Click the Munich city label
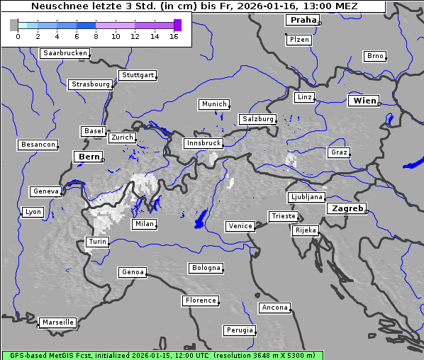click(x=214, y=104)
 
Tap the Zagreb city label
click(x=347, y=208)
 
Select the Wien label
click(x=365, y=101)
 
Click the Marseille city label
click(x=58, y=322)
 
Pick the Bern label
click(x=89, y=156)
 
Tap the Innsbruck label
click(x=203, y=143)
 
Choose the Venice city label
click(x=240, y=226)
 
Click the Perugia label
click(x=240, y=330)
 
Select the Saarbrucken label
click(x=65, y=53)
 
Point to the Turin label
click(x=97, y=242)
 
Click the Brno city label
click(x=375, y=56)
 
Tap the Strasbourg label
click(x=91, y=84)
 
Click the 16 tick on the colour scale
click(x=174, y=36)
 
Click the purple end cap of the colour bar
click(x=177, y=25)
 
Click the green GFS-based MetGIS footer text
click(x=162, y=355)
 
